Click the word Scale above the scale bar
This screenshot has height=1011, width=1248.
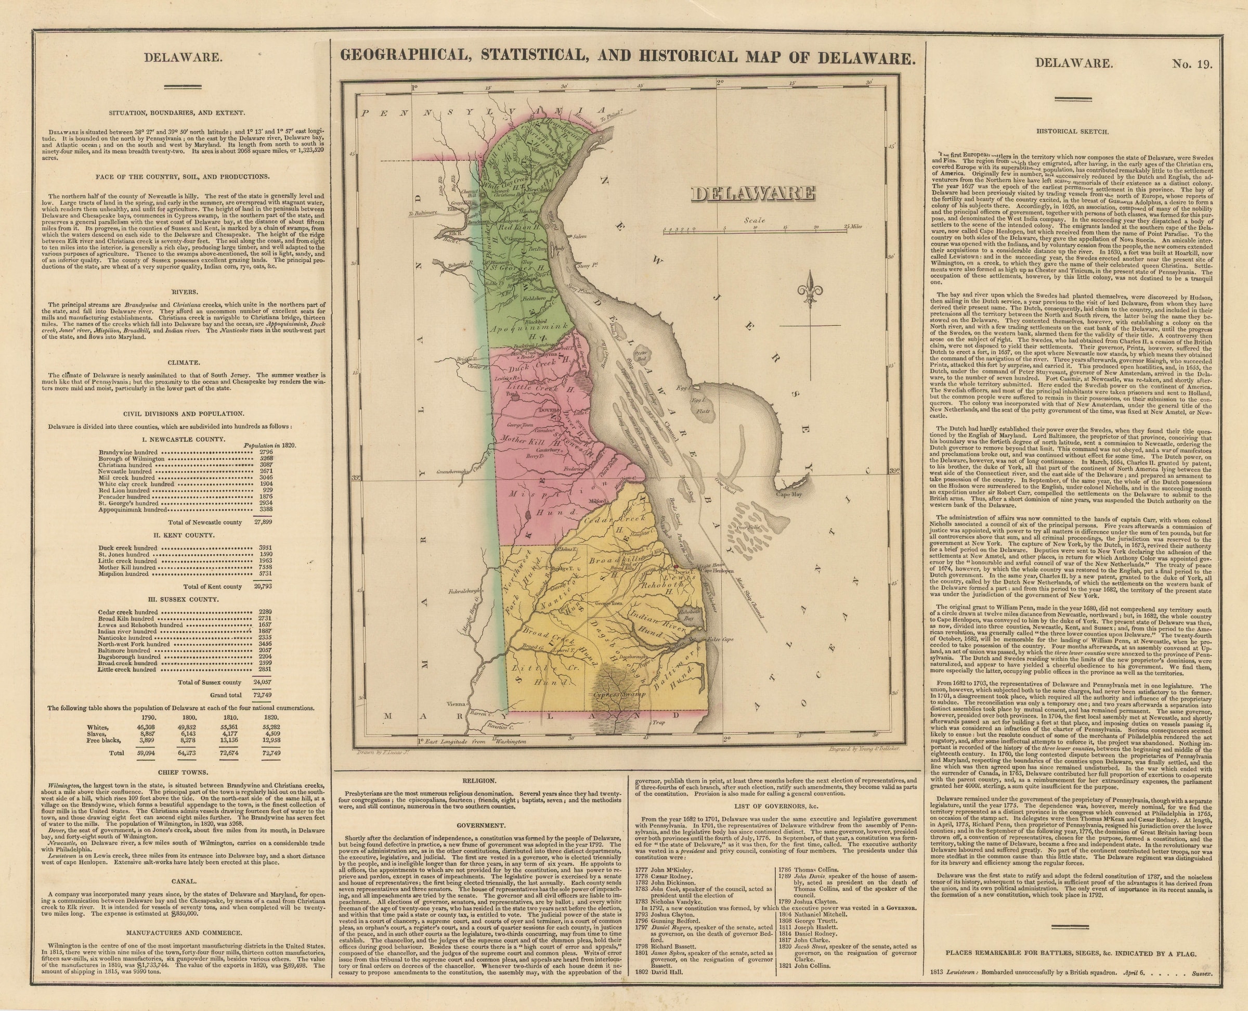coord(755,221)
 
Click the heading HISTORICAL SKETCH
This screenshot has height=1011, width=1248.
coord(1072,131)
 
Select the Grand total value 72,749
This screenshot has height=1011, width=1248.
coord(263,695)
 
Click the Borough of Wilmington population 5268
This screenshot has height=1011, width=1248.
coord(267,459)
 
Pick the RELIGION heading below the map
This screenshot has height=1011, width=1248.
coord(479,780)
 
